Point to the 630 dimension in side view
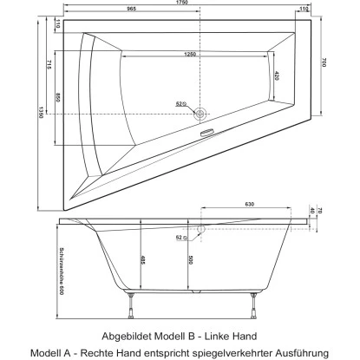click(249, 205)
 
